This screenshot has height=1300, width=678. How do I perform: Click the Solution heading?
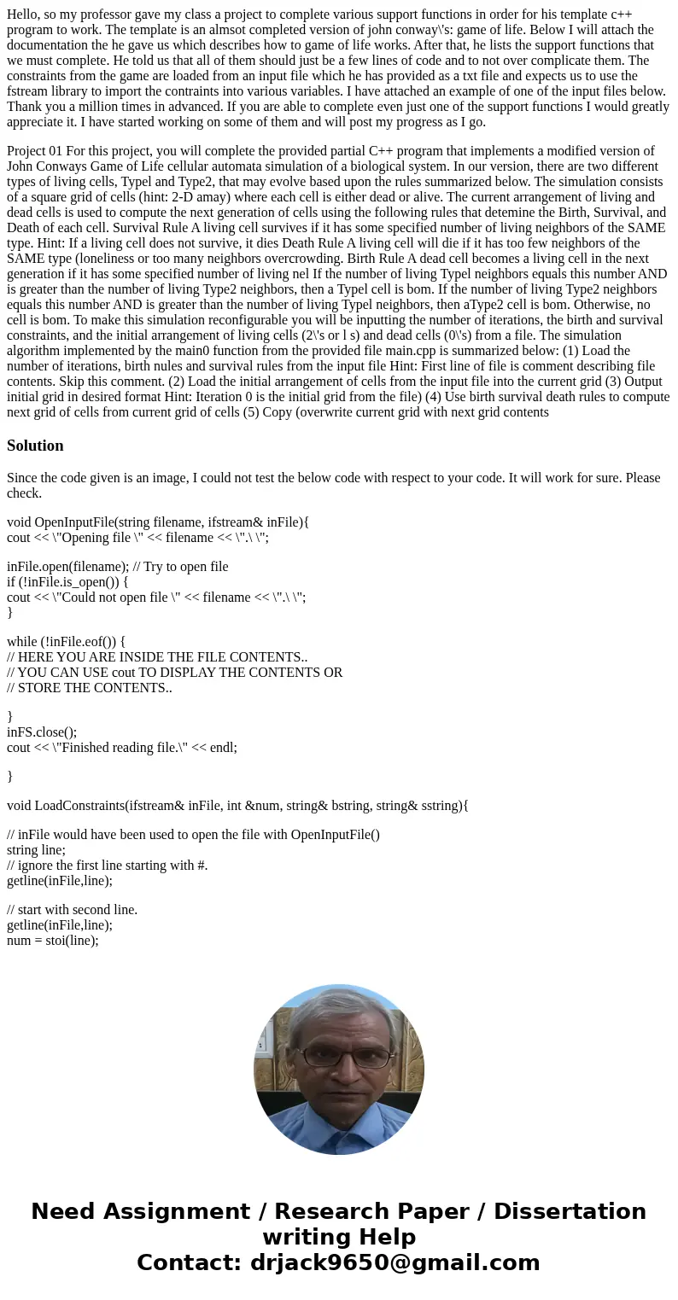35,446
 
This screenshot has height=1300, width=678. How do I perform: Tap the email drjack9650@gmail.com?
395,1262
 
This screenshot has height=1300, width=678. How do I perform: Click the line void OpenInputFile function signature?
158,522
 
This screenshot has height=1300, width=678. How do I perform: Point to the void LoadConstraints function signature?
237,805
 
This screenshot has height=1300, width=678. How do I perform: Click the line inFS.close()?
42,732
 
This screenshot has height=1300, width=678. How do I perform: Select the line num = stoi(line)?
53,940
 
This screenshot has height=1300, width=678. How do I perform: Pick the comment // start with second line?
72,909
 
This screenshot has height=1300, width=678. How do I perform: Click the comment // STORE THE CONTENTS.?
90,687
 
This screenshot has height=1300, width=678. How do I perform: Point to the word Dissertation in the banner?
570,1211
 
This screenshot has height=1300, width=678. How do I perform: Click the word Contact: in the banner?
189,1262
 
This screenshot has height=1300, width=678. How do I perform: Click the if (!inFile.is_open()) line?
67,581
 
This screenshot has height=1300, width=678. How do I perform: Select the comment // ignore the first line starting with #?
108,865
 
